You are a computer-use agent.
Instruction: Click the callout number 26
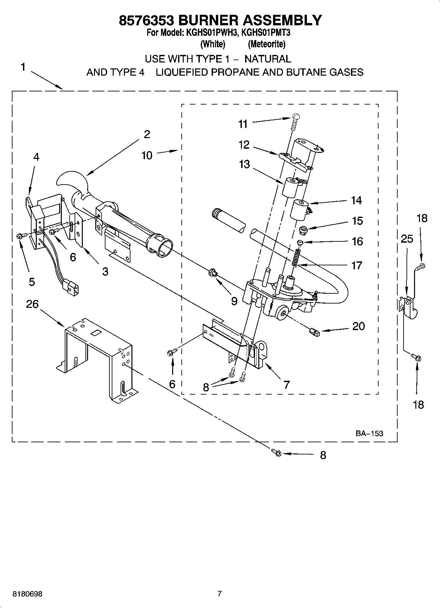click(32, 304)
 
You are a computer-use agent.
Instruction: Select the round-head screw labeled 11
click(295, 120)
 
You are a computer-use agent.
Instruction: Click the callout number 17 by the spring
click(357, 265)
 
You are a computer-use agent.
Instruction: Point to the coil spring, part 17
click(297, 257)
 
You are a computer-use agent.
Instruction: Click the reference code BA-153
click(369, 433)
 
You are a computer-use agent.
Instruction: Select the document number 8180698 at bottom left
click(28, 594)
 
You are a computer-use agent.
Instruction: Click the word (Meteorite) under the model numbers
click(266, 44)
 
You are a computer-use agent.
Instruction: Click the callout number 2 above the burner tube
click(147, 134)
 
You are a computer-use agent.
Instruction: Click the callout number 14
click(356, 200)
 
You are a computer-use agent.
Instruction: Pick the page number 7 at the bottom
click(220, 594)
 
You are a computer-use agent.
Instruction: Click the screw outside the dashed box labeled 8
click(276, 453)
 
